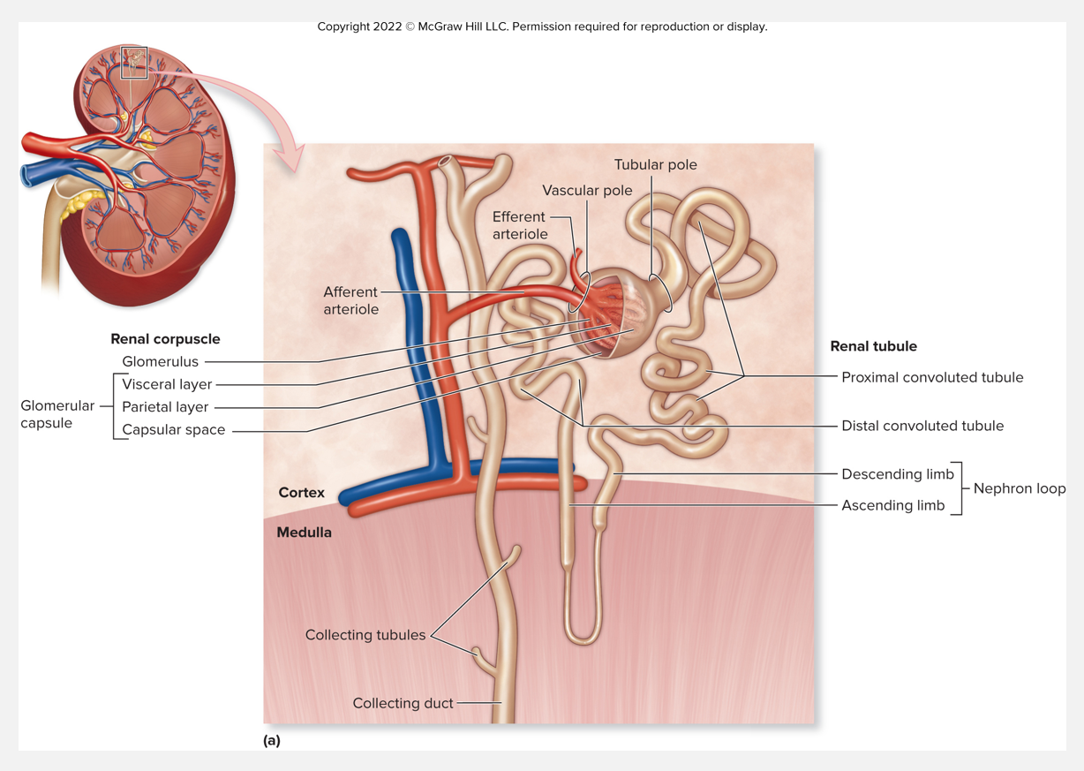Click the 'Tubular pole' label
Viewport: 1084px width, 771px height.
tap(655, 165)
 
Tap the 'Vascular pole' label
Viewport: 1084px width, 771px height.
tap(587, 191)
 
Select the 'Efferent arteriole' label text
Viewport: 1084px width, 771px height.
tap(520, 225)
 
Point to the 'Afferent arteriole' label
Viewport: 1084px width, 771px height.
tap(350, 300)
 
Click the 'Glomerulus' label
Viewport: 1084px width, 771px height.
tap(160, 361)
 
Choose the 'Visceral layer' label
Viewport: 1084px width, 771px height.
tap(167, 384)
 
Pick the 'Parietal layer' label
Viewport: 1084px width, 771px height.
tap(165, 407)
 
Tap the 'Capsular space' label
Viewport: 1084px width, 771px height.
tap(173, 430)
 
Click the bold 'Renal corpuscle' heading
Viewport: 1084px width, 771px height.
tap(165, 338)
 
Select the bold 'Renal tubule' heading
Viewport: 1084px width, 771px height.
tap(873, 346)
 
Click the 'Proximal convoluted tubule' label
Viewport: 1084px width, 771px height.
tap(932, 377)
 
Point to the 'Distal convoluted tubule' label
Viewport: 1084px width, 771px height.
tap(922, 426)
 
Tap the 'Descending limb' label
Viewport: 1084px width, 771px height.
tap(898, 474)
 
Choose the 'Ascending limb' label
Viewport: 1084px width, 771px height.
tap(892, 505)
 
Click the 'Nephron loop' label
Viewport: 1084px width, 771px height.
tap(1019, 488)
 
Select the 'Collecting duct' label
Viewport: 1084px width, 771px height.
tap(403, 703)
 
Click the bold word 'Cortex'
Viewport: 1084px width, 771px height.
tap(301, 493)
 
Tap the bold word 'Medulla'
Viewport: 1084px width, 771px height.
tap(304, 533)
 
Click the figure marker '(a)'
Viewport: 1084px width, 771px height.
tap(272, 740)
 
